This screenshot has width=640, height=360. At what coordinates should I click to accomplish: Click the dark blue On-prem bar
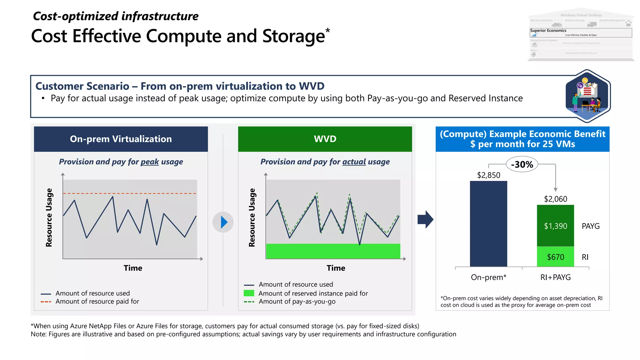pos(488,223)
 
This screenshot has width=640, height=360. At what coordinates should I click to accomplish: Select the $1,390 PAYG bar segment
pos(555,226)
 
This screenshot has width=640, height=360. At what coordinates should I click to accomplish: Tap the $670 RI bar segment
pos(555,257)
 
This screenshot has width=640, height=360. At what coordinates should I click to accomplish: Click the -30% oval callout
pos(522,164)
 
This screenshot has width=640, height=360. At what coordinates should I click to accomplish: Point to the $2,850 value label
pos(488,175)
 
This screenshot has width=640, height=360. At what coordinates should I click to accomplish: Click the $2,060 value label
pos(555,199)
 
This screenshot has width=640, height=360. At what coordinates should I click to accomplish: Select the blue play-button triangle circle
pos(223,222)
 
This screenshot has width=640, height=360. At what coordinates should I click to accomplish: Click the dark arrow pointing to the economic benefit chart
pos(425,219)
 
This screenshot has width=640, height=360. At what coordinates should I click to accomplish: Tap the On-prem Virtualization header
pos(121,139)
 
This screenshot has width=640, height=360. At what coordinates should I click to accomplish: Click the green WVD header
pos(325,139)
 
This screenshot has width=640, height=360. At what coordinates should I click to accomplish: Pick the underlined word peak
pos(150,162)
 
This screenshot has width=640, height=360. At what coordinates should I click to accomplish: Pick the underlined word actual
pos(354,162)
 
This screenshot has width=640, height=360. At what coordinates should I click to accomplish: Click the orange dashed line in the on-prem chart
pos(130,193)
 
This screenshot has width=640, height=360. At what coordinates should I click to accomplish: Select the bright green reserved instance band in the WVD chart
pos(333,251)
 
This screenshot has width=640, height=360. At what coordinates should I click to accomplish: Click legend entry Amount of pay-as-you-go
pos(297,302)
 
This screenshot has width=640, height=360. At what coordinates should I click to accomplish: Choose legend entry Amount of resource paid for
pos(97,302)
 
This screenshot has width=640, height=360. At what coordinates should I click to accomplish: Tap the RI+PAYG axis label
pos(555,277)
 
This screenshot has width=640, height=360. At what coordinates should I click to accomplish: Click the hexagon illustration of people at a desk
pos(587,96)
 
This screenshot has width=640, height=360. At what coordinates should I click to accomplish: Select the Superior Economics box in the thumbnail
pos(581,32)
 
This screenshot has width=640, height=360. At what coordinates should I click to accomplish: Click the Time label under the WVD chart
pos(336,268)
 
